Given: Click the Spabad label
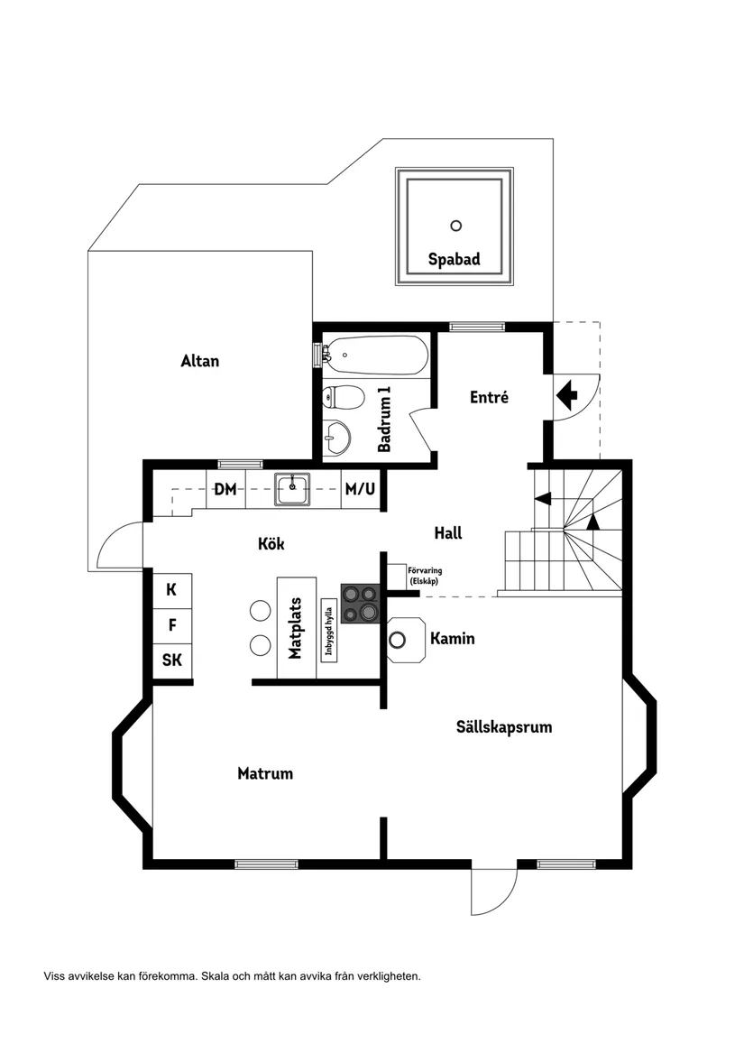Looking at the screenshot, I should [454, 260].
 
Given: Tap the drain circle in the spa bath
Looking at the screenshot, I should [455, 226].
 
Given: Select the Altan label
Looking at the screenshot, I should [199, 361].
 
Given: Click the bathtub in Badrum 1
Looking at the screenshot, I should [375, 356].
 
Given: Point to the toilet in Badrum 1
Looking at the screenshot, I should [343, 397].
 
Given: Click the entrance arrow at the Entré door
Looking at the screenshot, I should [567, 394].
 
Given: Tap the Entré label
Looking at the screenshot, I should [490, 396].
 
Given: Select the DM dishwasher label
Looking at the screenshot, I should [225, 490].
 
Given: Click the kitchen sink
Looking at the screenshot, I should [292, 489].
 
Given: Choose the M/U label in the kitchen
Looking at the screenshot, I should [360, 490].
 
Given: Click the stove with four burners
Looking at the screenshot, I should [361, 603].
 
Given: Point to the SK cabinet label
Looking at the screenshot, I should [171, 660].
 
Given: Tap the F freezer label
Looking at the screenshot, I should [171, 624].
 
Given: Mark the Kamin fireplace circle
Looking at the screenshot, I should [398, 640].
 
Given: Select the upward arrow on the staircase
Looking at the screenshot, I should [592, 521].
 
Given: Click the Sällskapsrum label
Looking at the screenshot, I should [504, 726].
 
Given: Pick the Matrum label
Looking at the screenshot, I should [265, 773].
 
